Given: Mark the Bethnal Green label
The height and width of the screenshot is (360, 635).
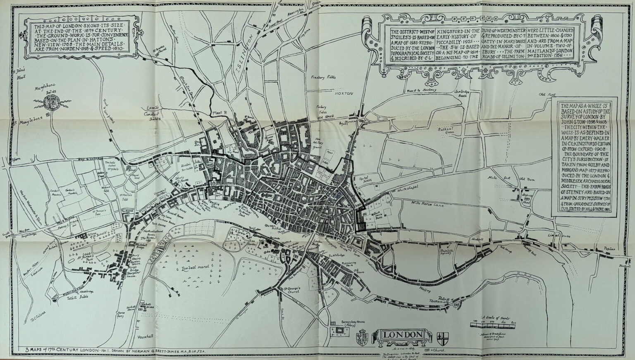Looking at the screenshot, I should [x=446, y=131].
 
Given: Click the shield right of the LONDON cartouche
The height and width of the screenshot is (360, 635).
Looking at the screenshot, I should [x=442, y=336].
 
